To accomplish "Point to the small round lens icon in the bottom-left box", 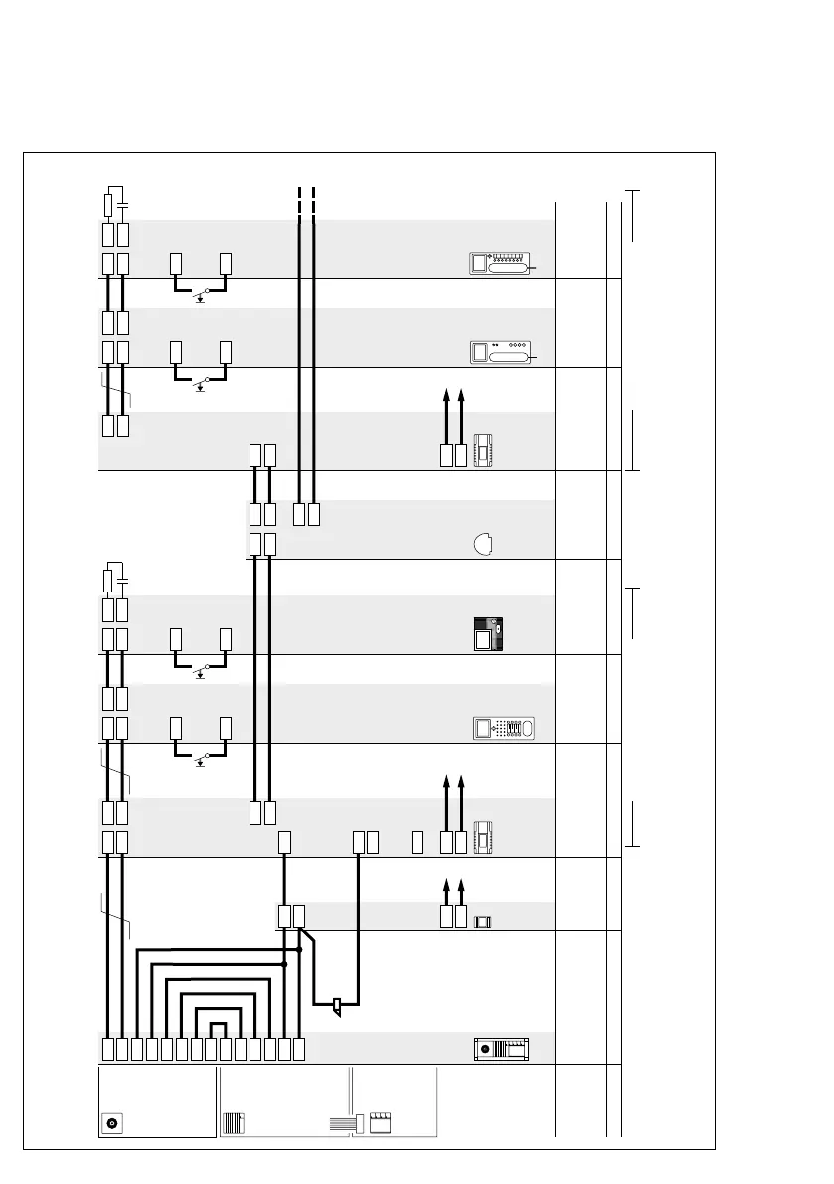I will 112,1123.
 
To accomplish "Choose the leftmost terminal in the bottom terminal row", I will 108,1048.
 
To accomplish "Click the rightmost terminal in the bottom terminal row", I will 299,1048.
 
